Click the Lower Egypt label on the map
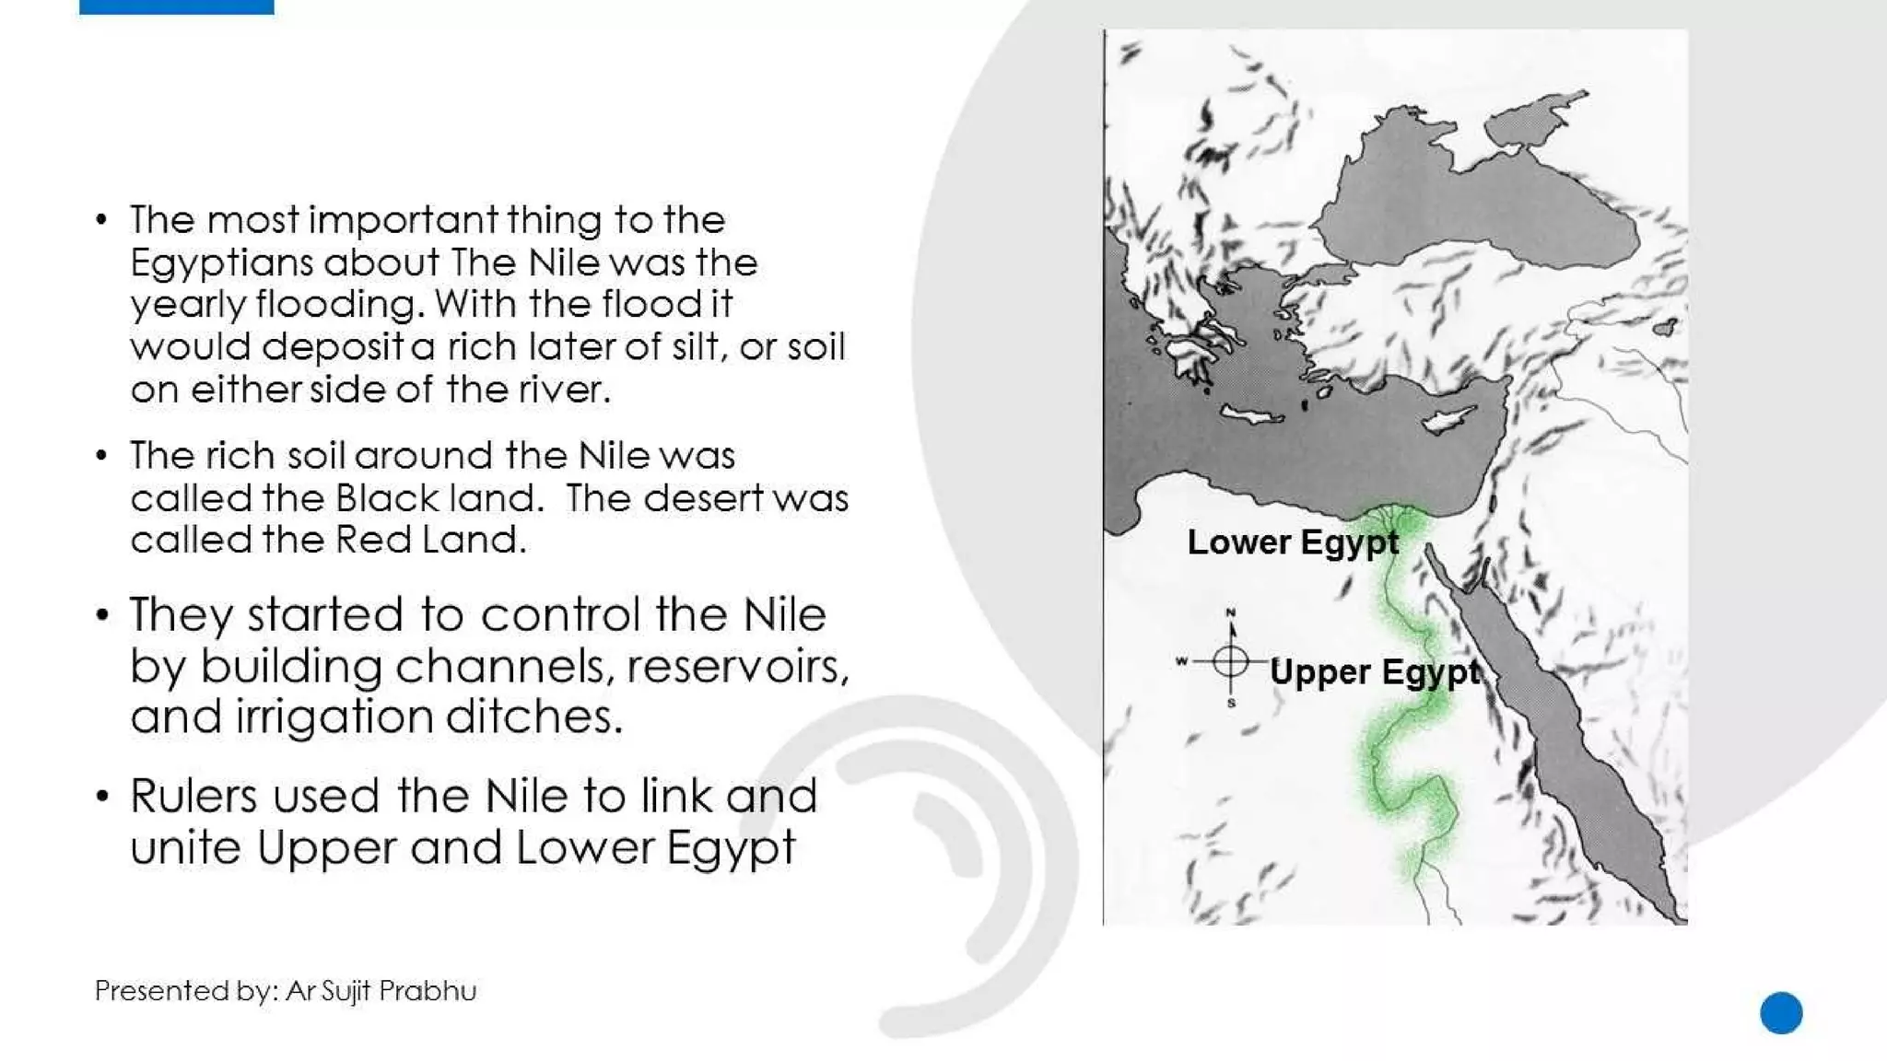(x=1292, y=542)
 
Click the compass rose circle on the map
(x=1230, y=660)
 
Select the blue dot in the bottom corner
(x=1780, y=1013)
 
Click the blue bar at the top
(x=176, y=6)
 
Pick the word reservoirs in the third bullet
(x=737, y=666)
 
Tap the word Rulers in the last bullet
(x=193, y=796)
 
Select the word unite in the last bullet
(x=185, y=847)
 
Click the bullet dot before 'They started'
(x=102, y=614)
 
